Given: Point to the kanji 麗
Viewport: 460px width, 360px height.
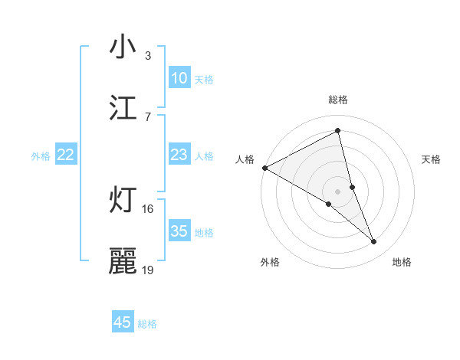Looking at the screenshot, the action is (123, 260).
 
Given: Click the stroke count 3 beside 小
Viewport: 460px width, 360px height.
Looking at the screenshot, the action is (148, 56).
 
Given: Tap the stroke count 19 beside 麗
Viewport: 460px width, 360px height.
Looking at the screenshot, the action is (148, 270).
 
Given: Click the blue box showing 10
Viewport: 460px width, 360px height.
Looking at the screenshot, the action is (179, 78).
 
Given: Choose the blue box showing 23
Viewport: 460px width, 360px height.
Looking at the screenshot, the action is (179, 155).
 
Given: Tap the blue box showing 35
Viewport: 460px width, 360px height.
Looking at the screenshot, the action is (179, 231).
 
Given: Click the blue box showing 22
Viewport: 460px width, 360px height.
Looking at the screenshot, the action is (66, 155).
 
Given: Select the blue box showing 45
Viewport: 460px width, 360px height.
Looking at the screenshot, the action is (123, 322).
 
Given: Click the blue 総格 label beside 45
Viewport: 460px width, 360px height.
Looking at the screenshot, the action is (147, 324).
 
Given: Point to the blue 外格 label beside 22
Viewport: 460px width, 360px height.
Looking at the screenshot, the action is (41, 156).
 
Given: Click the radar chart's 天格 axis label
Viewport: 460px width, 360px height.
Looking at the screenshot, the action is (432, 159).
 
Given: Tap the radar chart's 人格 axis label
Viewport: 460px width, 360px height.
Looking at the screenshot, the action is (245, 159).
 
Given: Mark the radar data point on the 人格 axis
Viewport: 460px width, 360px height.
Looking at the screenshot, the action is (264, 168).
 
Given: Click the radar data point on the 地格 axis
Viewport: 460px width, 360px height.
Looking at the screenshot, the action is (374, 242).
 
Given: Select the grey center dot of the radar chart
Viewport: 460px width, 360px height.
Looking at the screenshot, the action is (338, 191).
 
